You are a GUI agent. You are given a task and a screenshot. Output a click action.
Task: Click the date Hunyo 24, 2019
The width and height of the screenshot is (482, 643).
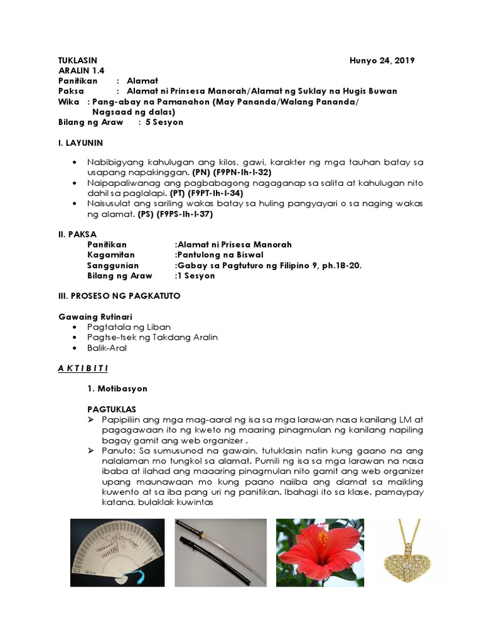coord(382,60)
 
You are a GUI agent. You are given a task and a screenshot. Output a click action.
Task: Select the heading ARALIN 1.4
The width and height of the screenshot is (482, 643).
coord(75,71)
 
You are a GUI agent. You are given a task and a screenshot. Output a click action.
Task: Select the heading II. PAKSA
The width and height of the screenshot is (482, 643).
coord(76,234)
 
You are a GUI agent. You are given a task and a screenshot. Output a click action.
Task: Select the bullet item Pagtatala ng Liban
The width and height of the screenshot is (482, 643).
coord(129,327)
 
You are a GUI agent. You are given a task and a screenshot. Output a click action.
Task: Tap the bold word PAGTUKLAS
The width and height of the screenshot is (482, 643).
coord(111,409)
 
